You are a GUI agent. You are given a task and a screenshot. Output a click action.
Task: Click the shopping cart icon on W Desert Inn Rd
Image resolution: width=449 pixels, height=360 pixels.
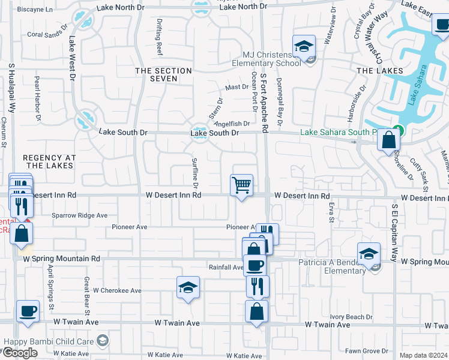click(241, 185)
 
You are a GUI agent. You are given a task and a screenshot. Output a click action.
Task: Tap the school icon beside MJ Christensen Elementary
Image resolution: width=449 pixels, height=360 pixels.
click(304, 46)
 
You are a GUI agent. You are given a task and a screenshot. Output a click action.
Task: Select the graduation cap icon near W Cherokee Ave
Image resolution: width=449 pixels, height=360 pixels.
click(188, 287)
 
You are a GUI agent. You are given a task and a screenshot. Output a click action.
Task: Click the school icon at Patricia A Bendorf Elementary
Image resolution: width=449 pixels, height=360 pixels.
click(369, 253)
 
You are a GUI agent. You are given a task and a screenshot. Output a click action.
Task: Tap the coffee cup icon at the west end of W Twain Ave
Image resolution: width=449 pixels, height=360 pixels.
click(28, 311)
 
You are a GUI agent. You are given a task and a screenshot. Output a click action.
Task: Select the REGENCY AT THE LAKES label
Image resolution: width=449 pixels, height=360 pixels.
click(49, 161)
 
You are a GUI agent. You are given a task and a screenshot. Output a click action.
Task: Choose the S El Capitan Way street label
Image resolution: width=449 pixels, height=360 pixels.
click(394, 234)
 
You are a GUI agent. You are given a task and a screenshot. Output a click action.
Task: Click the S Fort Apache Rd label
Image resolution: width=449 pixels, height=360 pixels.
click(263, 103)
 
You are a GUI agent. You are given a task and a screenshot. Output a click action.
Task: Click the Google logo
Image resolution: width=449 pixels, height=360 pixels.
click(20, 353)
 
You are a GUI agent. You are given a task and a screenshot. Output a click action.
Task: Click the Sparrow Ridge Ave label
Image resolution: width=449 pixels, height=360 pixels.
click(79, 215)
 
